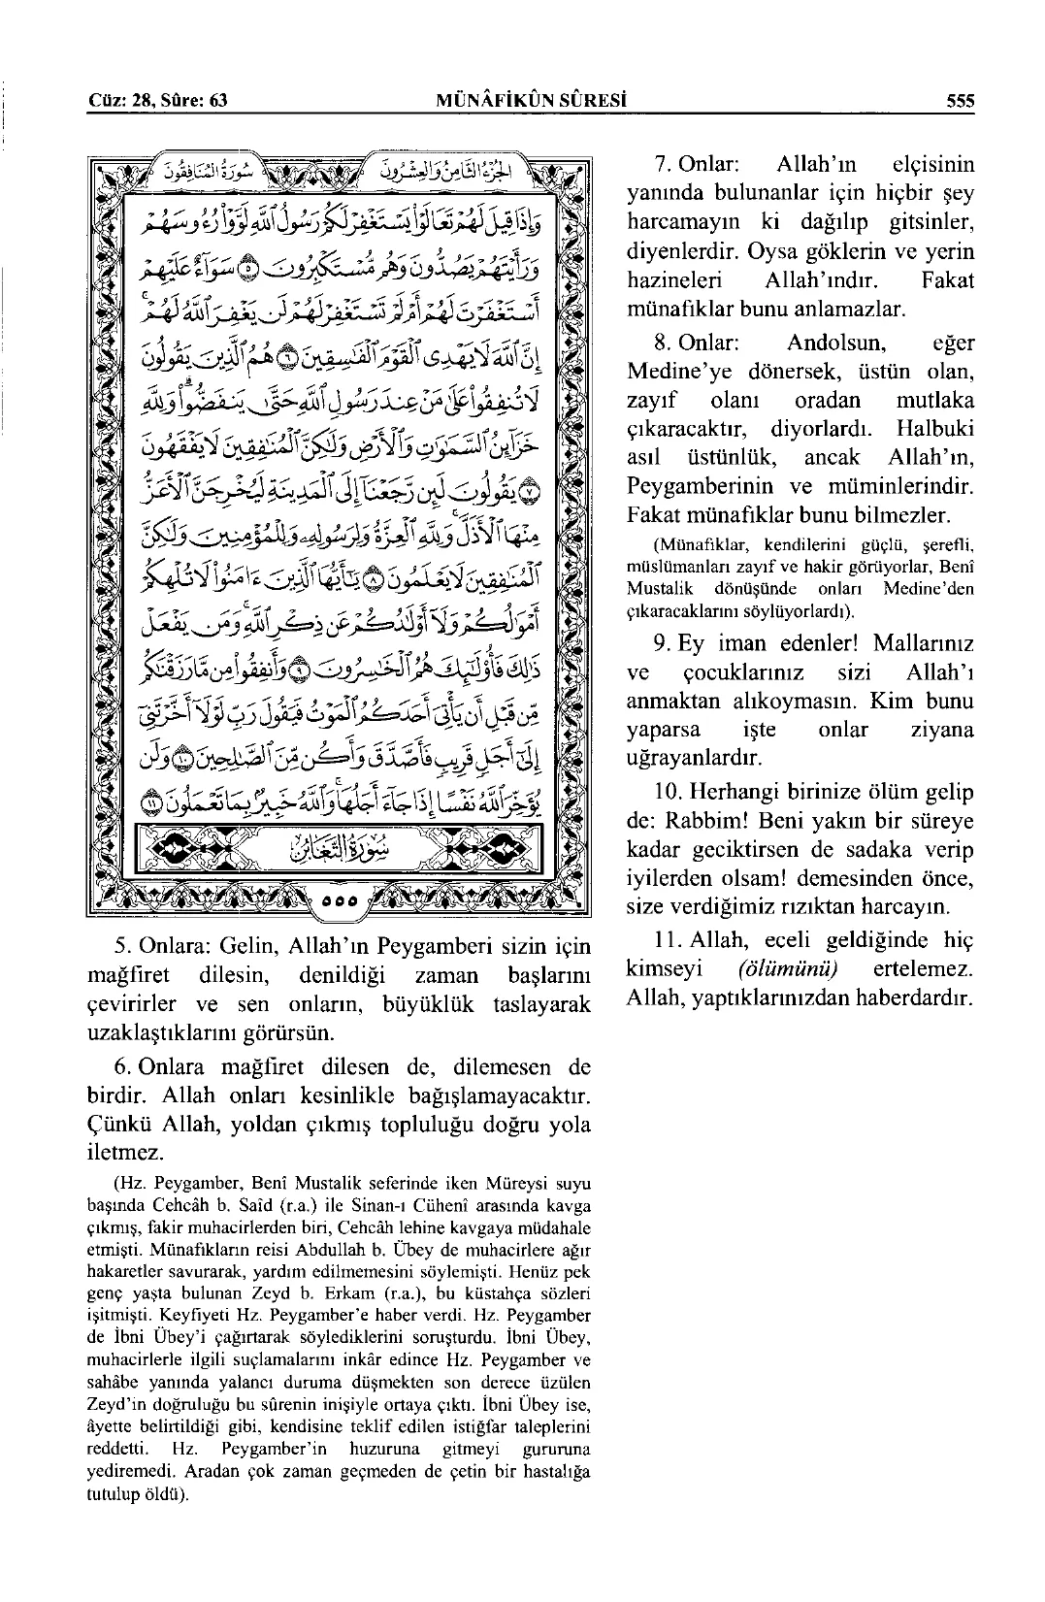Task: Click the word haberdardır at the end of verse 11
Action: tap(912, 998)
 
